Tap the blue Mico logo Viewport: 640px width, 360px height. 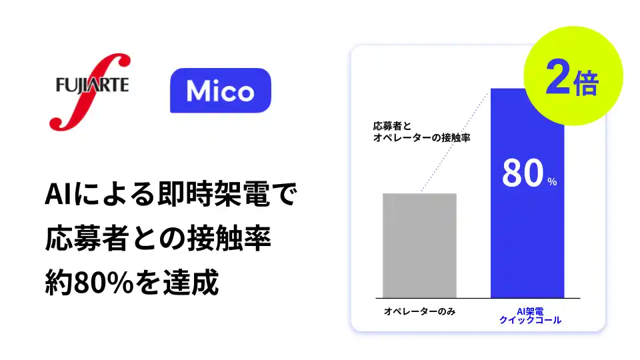tap(220, 91)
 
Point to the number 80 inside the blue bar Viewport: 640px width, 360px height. tap(523, 175)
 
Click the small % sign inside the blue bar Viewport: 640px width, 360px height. tap(552, 182)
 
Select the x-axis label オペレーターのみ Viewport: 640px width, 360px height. tap(419, 311)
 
